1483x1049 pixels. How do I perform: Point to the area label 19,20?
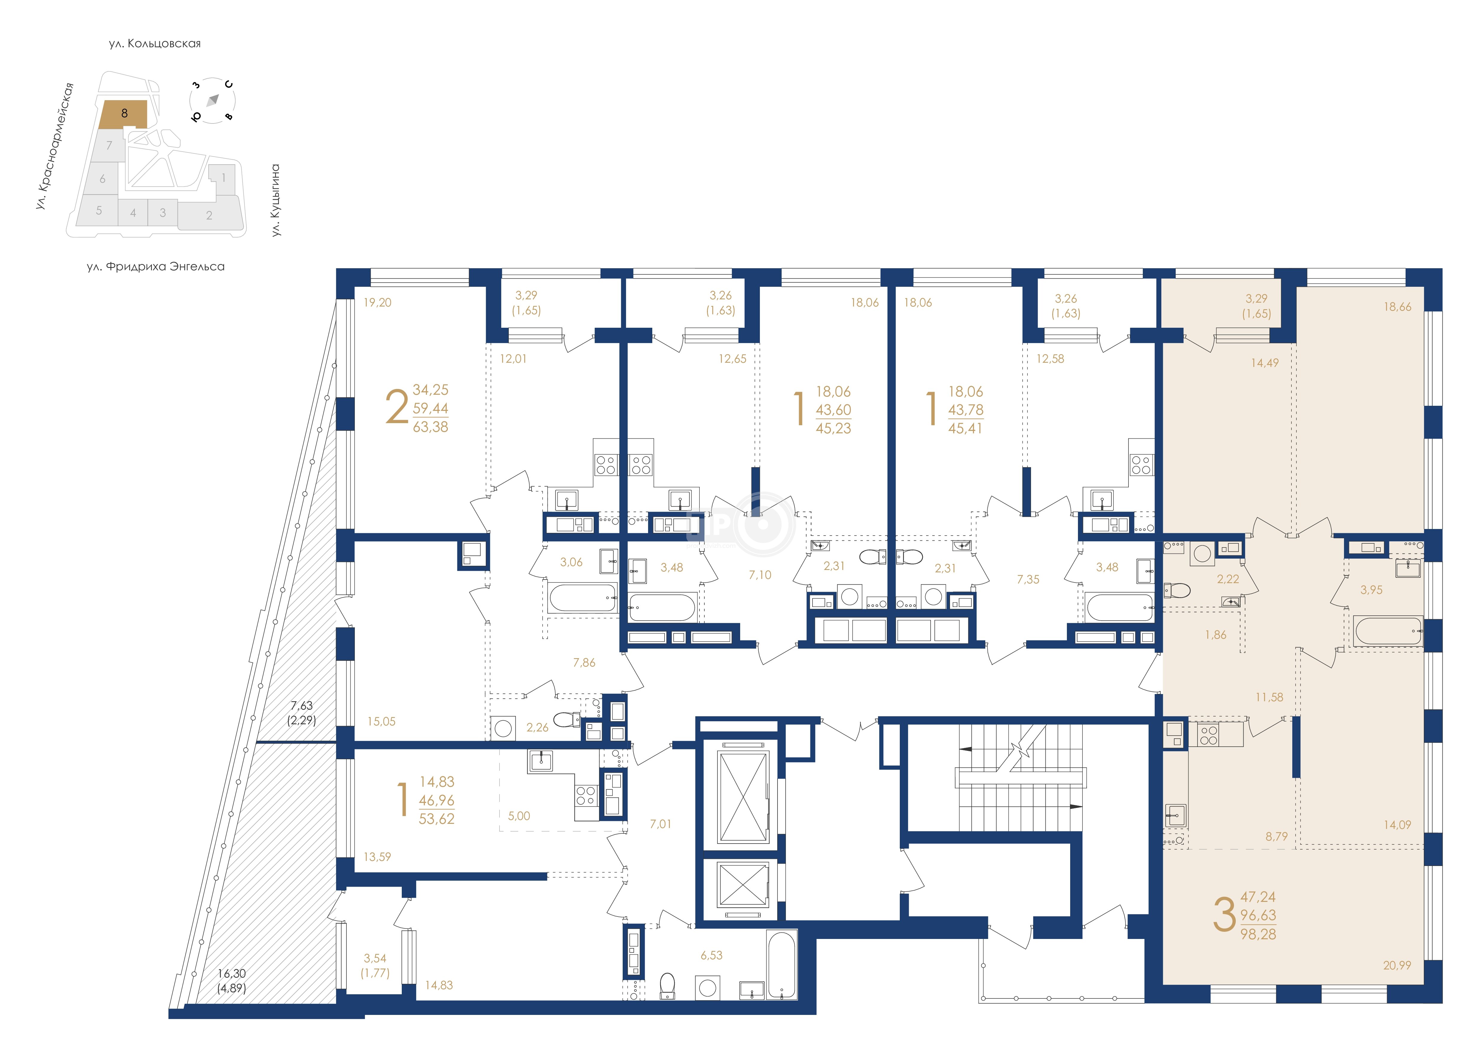point(377,302)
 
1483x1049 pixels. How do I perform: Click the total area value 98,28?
point(1258,934)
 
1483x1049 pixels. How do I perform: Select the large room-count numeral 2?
point(397,407)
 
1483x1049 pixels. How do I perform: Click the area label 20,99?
point(1397,966)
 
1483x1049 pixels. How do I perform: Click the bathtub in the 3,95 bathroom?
point(1387,631)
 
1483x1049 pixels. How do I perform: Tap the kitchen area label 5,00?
point(519,816)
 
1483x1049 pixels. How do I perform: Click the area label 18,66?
point(1397,307)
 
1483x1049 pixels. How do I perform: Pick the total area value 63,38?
point(430,427)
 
